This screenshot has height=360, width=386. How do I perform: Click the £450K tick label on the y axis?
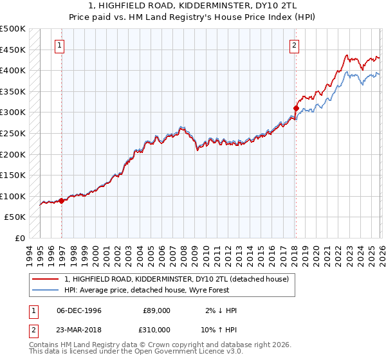tap(13, 50)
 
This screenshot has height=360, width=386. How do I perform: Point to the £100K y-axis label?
tap(13, 196)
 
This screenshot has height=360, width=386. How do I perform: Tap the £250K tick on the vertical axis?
tap(13, 133)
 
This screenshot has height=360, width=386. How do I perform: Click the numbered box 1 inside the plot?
tap(60, 45)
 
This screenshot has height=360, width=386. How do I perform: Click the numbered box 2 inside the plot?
tap(294, 45)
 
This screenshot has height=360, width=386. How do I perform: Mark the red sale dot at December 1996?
tap(62, 201)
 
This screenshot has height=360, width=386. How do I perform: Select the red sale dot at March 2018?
tap(296, 108)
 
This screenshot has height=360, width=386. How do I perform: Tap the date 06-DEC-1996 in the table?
tap(79, 310)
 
